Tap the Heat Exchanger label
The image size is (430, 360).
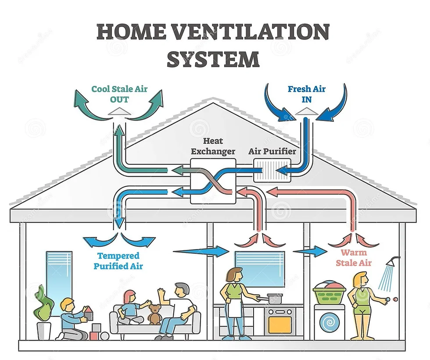pos(213,146)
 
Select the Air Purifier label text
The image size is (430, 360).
pos(272,151)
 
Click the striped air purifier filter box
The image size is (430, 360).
pos(272,170)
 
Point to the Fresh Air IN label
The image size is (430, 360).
pos(306,94)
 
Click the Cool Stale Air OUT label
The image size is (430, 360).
pos(119,94)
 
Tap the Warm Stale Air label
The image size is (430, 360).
pos(354,258)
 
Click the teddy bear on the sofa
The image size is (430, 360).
pos(154,314)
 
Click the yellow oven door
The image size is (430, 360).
pos(280,324)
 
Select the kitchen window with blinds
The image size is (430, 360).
pos(259,268)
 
